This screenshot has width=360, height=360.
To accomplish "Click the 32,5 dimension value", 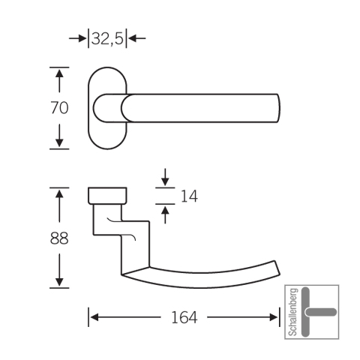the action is click(107, 39).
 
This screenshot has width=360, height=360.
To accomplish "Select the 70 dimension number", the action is click(59, 108).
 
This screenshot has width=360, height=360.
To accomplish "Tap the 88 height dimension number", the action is click(59, 238).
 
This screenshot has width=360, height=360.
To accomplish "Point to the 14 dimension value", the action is click(189, 196).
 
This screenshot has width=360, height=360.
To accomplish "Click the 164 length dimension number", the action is click(184, 317).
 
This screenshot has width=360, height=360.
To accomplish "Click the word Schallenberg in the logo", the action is click(293, 312).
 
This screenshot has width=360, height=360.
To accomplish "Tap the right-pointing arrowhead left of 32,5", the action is click(82, 38).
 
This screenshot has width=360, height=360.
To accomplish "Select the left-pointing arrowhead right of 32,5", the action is click(132, 38).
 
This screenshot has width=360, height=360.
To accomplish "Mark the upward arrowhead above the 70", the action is click(59, 73).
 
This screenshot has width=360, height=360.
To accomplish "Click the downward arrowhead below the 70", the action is click(59, 143).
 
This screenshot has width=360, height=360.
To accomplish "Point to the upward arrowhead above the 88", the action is click(59, 193).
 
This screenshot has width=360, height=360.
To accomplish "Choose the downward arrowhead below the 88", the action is click(59, 282).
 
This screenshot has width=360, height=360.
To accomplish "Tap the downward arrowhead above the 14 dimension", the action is click(165, 181).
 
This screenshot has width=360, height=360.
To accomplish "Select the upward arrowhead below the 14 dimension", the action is click(165, 210).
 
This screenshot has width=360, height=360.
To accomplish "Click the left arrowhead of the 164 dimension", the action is click(94, 317).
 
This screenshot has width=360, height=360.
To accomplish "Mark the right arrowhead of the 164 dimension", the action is click(274, 317).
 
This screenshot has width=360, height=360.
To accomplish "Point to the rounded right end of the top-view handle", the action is click(278, 108).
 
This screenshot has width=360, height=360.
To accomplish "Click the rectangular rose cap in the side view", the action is click(107, 196).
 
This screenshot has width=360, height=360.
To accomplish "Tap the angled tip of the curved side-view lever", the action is click(277, 268).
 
